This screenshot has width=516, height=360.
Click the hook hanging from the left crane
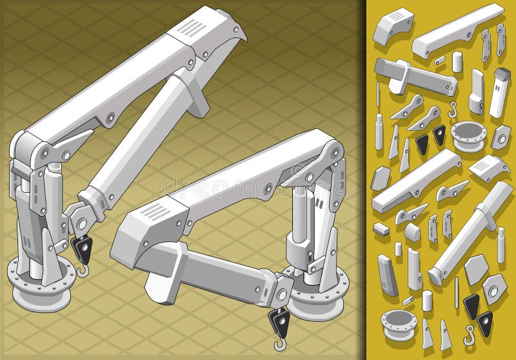(82, 268)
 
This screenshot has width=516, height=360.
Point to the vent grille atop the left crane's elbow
(191, 27)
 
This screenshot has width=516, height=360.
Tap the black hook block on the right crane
(279, 319)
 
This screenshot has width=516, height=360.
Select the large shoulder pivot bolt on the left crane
(44, 152)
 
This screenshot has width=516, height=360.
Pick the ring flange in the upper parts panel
(470, 135)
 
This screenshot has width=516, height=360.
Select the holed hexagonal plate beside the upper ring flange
(501, 137)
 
